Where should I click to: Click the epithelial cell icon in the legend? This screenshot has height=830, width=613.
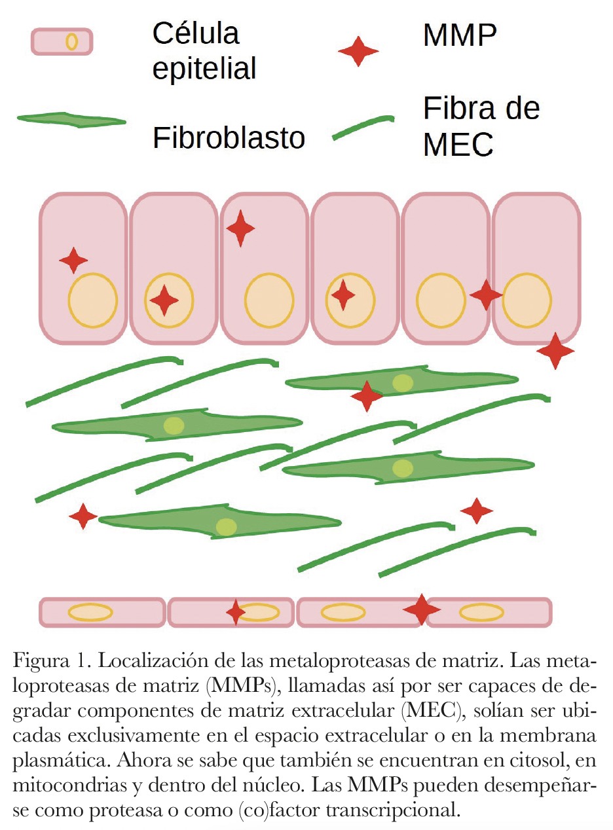62,42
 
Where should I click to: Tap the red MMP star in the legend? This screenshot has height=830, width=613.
358,50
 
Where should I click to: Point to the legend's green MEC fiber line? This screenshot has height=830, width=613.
363,127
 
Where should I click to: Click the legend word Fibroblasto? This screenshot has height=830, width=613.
229,138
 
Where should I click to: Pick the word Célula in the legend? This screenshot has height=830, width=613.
196,33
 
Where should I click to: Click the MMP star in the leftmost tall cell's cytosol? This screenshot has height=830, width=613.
73,261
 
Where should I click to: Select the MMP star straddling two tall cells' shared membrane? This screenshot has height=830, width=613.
486,295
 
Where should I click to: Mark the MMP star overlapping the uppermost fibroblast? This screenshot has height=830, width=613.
366,396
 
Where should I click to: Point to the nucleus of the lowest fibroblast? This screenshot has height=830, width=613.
226,527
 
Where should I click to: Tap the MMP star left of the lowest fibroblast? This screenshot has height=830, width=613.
83,516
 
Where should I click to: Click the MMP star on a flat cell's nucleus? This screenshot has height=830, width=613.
235,612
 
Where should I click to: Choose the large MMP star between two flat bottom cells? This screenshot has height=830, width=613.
421,610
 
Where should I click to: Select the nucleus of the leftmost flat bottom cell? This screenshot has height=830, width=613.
91,613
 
